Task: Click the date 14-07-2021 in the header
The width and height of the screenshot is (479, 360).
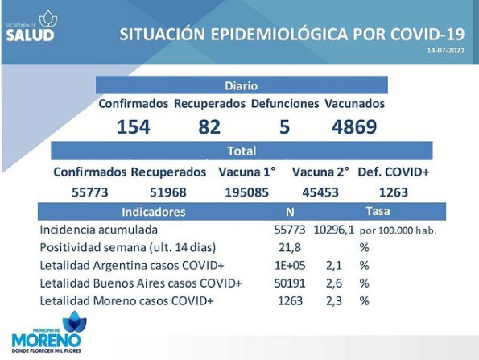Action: (x=446, y=50)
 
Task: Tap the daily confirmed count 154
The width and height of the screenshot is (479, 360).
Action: (x=134, y=126)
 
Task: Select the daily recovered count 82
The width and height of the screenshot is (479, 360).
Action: (x=209, y=126)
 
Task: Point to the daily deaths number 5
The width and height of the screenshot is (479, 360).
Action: (x=284, y=126)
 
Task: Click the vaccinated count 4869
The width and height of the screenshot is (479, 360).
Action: (x=354, y=126)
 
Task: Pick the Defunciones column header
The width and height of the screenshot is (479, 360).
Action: (x=285, y=104)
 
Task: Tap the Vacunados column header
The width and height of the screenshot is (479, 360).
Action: (x=355, y=104)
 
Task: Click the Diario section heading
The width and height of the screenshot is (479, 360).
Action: (x=242, y=86)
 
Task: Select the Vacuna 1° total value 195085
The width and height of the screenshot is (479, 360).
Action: (x=247, y=192)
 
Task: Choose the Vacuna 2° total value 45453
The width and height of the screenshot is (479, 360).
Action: (x=320, y=192)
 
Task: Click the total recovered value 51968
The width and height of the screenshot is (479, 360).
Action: (x=168, y=192)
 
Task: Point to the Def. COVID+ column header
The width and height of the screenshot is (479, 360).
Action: (x=394, y=172)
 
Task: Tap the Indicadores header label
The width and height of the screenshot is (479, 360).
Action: (x=153, y=212)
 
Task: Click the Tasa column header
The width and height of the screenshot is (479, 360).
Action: (x=378, y=211)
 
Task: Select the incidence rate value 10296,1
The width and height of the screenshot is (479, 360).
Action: (x=334, y=230)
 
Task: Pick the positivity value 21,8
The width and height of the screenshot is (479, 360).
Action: (x=290, y=247)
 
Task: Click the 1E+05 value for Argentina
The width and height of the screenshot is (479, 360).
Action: (x=290, y=265)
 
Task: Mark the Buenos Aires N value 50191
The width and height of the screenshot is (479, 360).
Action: (x=290, y=283)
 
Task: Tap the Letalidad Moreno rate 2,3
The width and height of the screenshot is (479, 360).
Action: (x=334, y=301)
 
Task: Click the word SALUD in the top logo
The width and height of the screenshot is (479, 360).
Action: (x=30, y=35)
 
